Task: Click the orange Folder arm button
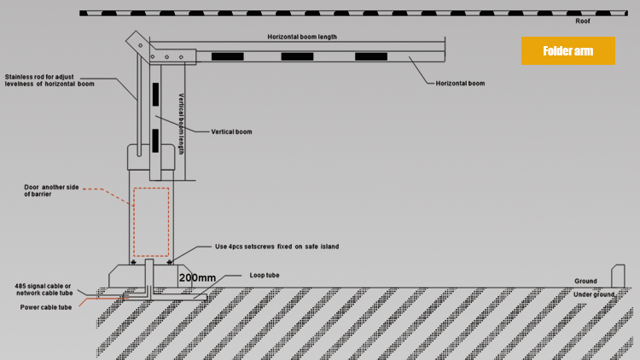[x=567, y=50]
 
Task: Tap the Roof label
[x=583, y=21]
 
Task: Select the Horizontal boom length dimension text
[x=302, y=37]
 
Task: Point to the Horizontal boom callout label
[x=460, y=84]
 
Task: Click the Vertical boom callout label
[x=231, y=132]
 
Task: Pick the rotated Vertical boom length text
[x=181, y=124]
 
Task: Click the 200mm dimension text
[x=197, y=278]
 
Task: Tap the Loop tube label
[x=265, y=276]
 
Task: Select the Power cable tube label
[x=46, y=307]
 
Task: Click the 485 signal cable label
[x=44, y=289]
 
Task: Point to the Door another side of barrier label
[x=51, y=190]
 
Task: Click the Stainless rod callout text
[x=49, y=80]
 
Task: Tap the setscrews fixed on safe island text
[x=276, y=247]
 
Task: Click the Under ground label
[x=594, y=294]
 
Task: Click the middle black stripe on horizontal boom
[x=297, y=57]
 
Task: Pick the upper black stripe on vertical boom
[x=155, y=95]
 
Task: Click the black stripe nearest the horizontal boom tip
[x=371, y=57]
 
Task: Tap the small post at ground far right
[x=618, y=276]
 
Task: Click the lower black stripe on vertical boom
[x=155, y=141]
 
